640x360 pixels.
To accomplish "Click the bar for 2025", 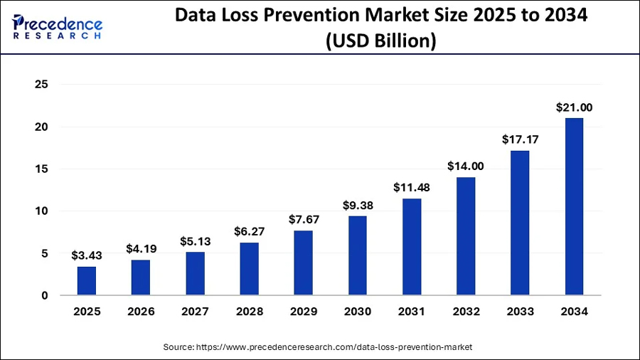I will (87, 280).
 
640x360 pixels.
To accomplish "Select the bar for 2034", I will (574, 206).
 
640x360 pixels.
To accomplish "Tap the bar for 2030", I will (357, 255).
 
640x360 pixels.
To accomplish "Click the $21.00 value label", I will (574, 108).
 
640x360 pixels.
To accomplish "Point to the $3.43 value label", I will (87, 255).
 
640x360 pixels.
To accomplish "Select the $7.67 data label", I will (303, 220).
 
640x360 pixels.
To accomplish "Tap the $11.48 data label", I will (411, 188).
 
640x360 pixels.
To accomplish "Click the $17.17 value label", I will (520, 140).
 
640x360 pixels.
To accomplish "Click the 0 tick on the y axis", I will (44, 295).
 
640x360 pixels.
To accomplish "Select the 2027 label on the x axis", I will (195, 312).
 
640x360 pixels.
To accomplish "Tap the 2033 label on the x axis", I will (520, 312).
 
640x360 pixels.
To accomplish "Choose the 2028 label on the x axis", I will (249, 312).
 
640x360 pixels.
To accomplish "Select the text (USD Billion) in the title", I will (380, 41).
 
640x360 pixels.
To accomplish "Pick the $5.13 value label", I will (195, 240).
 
